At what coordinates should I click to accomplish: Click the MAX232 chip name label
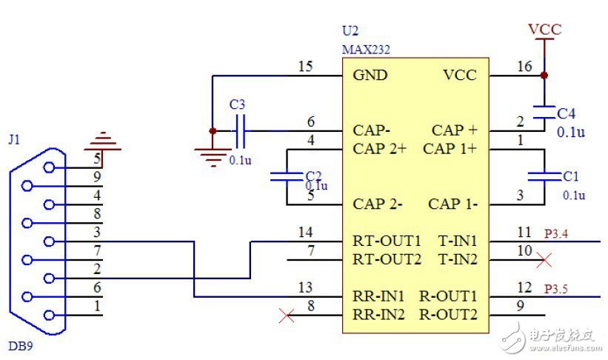pyautogui.click(x=365, y=50)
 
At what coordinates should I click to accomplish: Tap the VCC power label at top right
pyautogui.click(x=544, y=30)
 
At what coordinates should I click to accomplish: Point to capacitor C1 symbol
pyautogui.click(x=544, y=176)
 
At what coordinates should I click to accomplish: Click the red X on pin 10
pyautogui.click(x=544, y=260)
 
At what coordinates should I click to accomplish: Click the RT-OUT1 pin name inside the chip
pyautogui.click(x=387, y=241)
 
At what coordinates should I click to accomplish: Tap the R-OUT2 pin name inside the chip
pyautogui.click(x=448, y=314)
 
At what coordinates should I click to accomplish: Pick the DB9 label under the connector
pyautogui.click(x=19, y=346)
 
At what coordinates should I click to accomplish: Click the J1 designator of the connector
pyautogui.click(x=13, y=139)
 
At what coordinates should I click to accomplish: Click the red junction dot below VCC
pyautogui.click(x=544, y=76)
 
